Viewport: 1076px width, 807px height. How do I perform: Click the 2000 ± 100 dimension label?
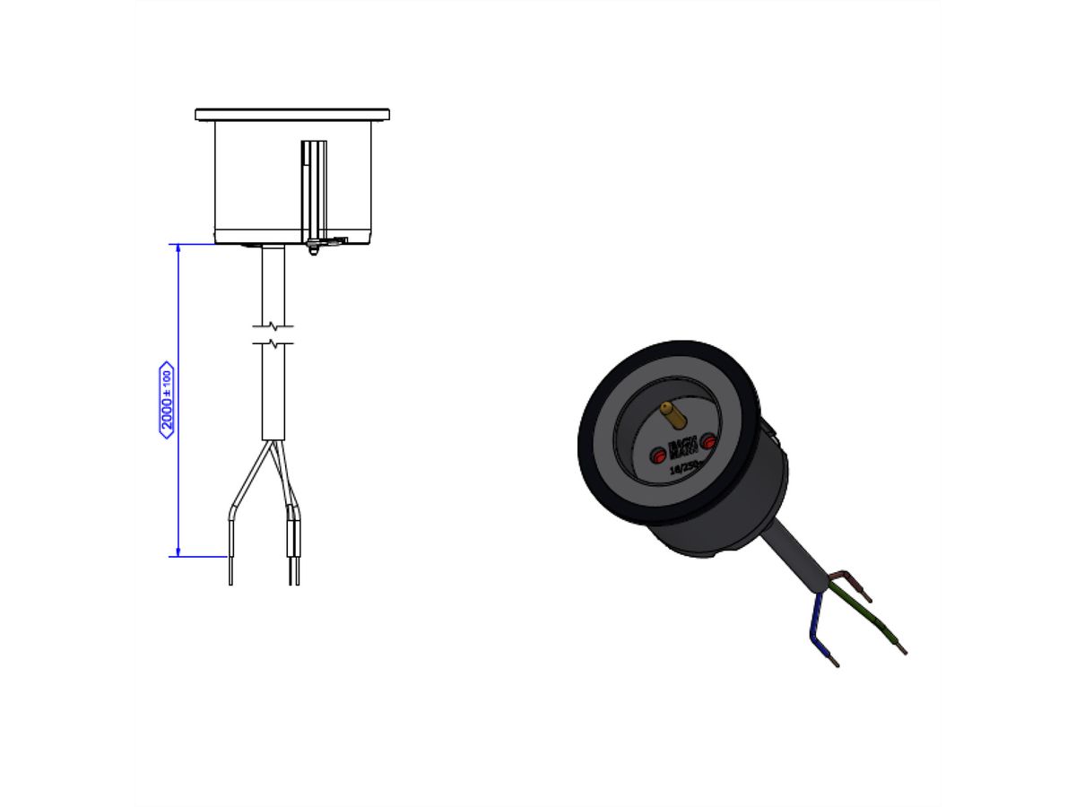(166, 399)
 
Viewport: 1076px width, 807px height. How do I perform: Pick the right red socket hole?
(708, 441)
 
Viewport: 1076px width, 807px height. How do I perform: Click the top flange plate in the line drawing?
(292, 115)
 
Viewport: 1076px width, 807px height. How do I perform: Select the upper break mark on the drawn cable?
(273, 325)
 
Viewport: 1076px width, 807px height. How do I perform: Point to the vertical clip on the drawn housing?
(313, 193)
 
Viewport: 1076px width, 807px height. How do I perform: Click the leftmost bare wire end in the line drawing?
(230, 570)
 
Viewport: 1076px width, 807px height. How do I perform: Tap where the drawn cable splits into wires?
(273, 442)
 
